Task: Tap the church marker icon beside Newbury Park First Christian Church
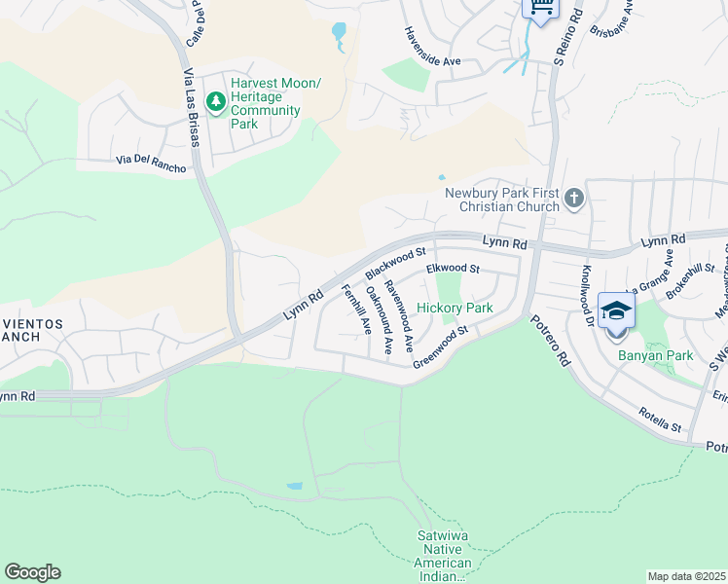pos(574,199)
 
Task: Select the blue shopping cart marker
pos(540,8)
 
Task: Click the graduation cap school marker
pos(616,311)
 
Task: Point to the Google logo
pos(32,572)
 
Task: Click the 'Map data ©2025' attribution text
pos(685,576)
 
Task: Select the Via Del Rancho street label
pos(150,160)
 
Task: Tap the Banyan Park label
pos(655,355)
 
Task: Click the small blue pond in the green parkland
pos(294,486)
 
